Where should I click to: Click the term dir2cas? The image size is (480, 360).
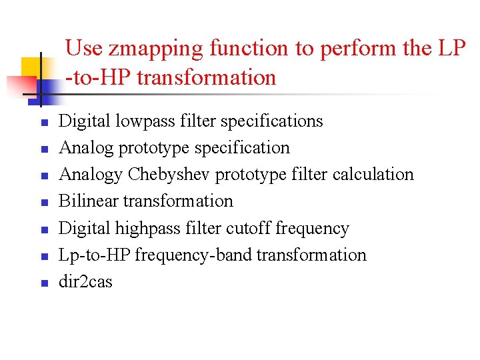coord(86,281)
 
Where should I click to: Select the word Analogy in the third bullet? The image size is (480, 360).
coord(91,175)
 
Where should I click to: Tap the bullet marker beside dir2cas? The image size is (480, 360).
coord(43,283)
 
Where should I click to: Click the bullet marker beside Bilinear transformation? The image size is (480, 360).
coord(43,203)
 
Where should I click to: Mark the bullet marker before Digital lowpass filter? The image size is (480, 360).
coord(43,123)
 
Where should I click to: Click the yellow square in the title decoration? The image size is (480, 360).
coord(31,67)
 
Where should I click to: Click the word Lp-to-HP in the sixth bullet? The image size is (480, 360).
coord(94,255)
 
